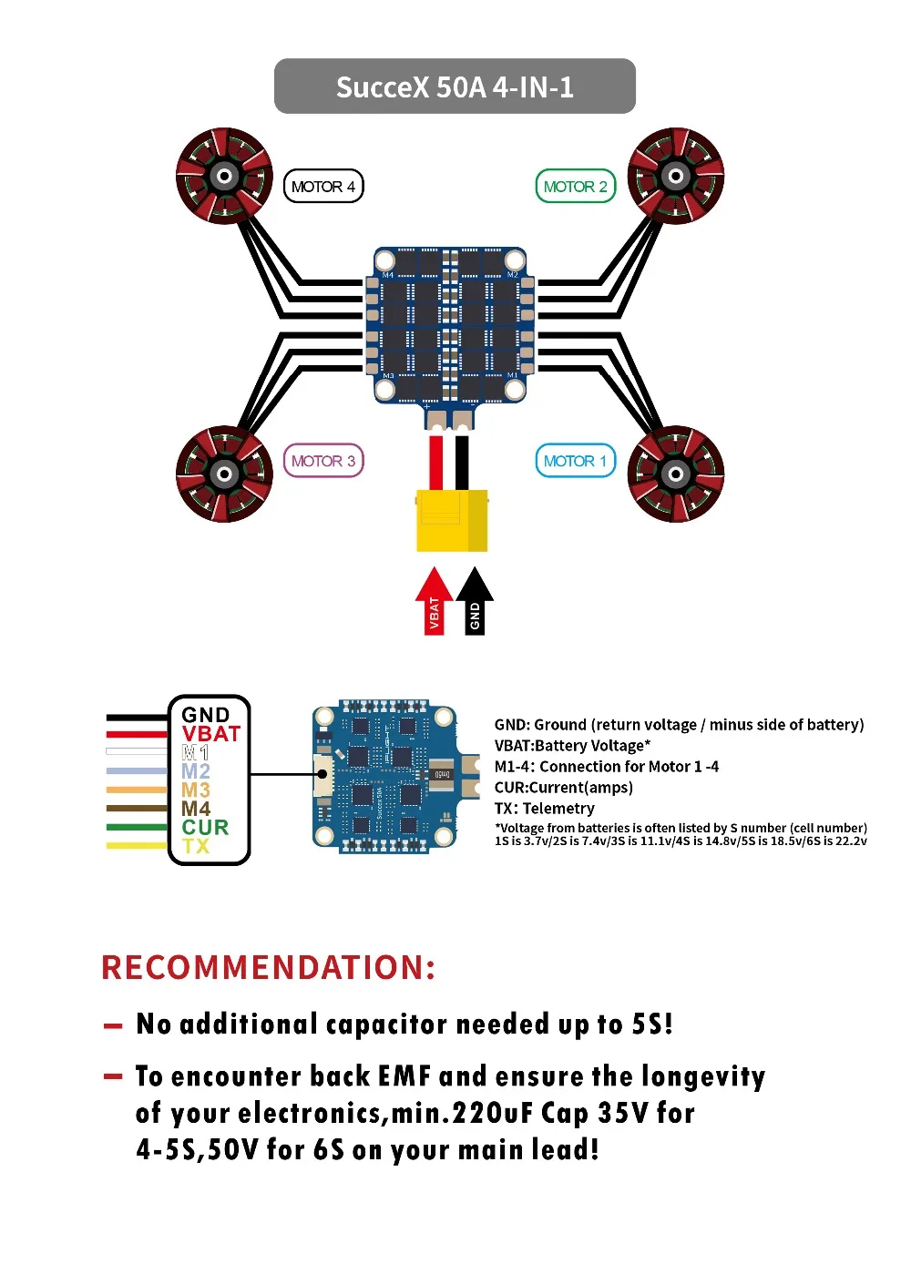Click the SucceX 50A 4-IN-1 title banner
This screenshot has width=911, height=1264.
[455, 87]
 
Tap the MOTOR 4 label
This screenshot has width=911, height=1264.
[323, 187]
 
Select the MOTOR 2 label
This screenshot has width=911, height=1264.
[575, 187]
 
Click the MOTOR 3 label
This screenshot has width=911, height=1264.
[323, 461]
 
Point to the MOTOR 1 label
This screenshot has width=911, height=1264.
[575, 461]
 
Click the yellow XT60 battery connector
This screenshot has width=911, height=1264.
[452, 520]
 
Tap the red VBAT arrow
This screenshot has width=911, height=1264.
[434, 602]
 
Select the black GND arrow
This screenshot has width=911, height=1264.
[475, 602]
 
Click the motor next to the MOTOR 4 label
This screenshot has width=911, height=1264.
[224, 176]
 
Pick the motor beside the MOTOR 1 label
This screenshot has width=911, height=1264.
[676, 474]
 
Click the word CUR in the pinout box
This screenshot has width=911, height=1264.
[205, 827]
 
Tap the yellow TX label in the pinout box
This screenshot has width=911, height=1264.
[195, 846]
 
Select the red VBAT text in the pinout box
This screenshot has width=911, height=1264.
[210, 734]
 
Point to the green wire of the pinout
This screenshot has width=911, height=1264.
[137, 827]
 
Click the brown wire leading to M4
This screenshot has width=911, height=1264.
[137, 808]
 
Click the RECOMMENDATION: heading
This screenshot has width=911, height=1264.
[269, 967]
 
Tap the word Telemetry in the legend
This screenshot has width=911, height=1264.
[558, 808]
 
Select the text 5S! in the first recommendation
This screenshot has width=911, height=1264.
[652, 1024]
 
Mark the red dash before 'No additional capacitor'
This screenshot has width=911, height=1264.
[113, 1026]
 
